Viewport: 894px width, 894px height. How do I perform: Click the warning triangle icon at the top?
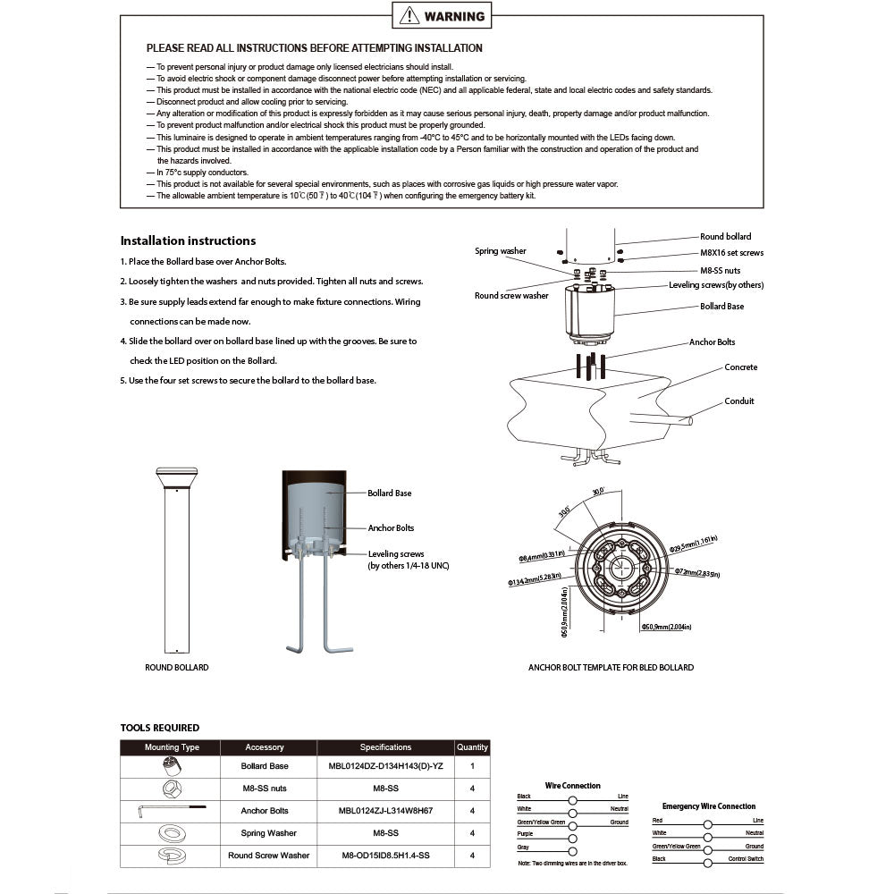point(409,15)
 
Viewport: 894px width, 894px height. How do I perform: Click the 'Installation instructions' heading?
point(188,240)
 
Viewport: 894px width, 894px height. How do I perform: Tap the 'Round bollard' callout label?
point(725,237)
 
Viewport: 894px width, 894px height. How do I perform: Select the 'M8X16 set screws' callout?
point(731,253)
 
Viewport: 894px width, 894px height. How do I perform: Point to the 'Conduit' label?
point(739,401)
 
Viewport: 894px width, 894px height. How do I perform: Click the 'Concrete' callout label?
point(741,367)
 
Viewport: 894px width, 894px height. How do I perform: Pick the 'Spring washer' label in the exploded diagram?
point(501,251)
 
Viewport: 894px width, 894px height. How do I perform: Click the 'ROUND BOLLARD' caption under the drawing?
point(177,668)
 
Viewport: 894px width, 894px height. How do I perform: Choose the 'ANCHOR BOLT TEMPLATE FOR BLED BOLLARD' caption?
point(611,668)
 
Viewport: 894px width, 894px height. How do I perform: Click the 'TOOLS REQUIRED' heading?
point(160,728)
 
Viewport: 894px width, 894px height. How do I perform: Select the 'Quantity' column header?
point(472,747)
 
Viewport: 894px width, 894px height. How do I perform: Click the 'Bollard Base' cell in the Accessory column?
point(265,767)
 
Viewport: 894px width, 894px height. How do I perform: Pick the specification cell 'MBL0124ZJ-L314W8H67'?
point(385,811)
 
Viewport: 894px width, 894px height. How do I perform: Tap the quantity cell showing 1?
point(472,767)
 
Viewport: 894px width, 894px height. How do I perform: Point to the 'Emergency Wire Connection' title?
point(708,806)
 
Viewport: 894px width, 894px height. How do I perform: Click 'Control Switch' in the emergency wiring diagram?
point(745,859)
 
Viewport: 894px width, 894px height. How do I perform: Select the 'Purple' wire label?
point(525,834)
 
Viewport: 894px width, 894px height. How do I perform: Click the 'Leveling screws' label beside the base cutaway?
point(396,554)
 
